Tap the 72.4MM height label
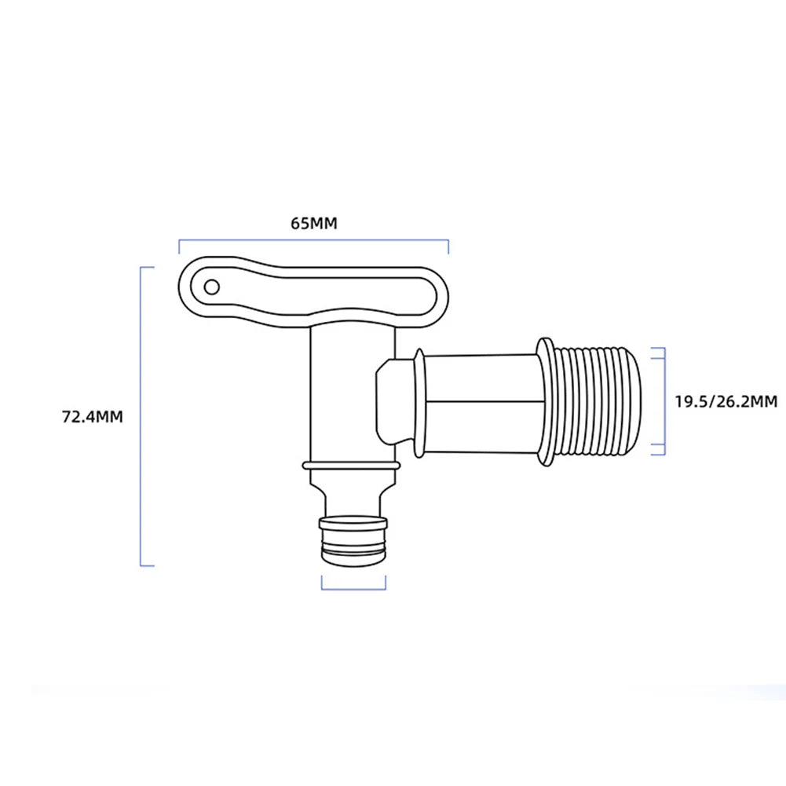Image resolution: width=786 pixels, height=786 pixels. pos(93,416)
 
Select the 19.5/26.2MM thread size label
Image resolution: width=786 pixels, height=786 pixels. pos(726,401)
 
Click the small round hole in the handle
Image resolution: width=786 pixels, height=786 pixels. pos(210,287)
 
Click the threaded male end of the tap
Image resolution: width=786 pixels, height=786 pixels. pos(609,400)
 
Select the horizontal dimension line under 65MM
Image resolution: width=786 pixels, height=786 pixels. pos(313,241)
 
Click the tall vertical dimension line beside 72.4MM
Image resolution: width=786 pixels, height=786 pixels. pos(141,416)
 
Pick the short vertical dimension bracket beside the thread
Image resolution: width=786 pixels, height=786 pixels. pos(664,400)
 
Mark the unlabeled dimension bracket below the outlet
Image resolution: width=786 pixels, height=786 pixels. pos(354,587)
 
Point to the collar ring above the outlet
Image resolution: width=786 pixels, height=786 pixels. pos(351,466)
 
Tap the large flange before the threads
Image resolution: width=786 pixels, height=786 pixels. pos(547,400)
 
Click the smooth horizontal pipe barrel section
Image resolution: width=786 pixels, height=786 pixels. pos(483,400)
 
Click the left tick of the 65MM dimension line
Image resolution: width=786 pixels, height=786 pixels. pos(180,247)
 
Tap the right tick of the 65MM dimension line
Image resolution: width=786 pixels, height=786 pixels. pos(448,247)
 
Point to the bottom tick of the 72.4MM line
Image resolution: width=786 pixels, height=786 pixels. pos(148,565)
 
